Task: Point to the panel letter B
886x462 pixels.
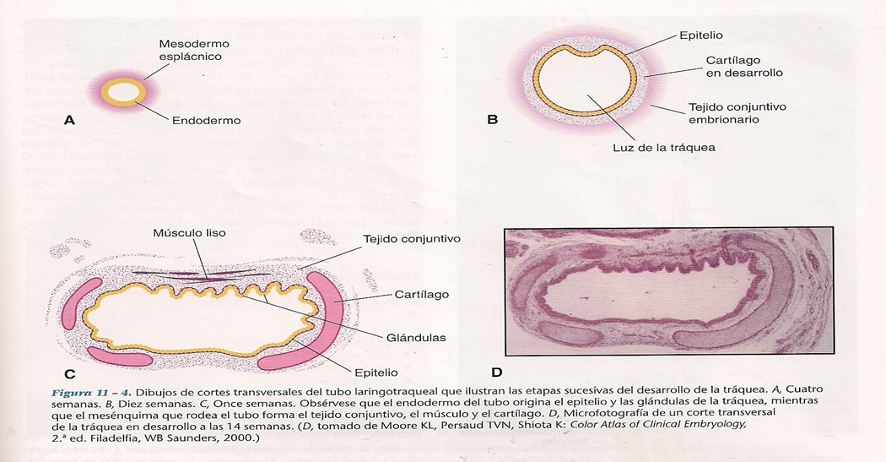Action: click(493, 121)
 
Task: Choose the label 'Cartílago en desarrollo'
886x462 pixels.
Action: click(745, 66)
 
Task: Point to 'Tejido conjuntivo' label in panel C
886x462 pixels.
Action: click(410, 239)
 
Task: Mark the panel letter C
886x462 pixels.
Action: click(70, 373)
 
